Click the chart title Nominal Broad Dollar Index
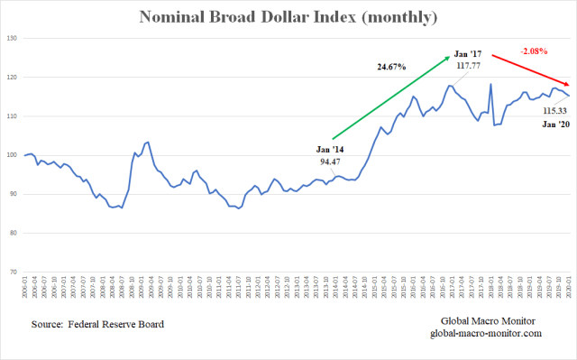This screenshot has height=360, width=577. click(288, 17)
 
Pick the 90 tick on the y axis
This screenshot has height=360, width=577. click(11, 194)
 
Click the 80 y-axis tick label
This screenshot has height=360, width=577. click(11, 233)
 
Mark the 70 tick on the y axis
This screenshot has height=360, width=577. click(11, 272)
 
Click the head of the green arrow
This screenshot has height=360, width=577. click(449, 58)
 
